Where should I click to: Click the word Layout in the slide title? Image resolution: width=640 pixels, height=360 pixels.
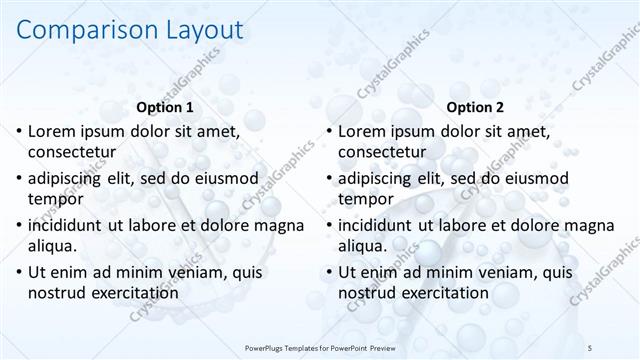[x=203, y=31]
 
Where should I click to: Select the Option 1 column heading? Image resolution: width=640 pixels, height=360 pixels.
[x=164, y=107]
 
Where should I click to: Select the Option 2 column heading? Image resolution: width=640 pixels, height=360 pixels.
[x=475, y=107]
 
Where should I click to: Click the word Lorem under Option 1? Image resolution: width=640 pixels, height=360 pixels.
[x=54, y=131]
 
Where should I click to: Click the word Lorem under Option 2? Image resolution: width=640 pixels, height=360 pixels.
[x=364, y=131]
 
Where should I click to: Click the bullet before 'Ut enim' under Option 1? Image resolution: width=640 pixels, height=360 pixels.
[x=19, y=271]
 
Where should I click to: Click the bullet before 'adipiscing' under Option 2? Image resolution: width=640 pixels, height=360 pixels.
[x=329, y=178]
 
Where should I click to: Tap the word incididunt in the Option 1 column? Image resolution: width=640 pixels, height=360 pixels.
[x=70, y=224]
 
